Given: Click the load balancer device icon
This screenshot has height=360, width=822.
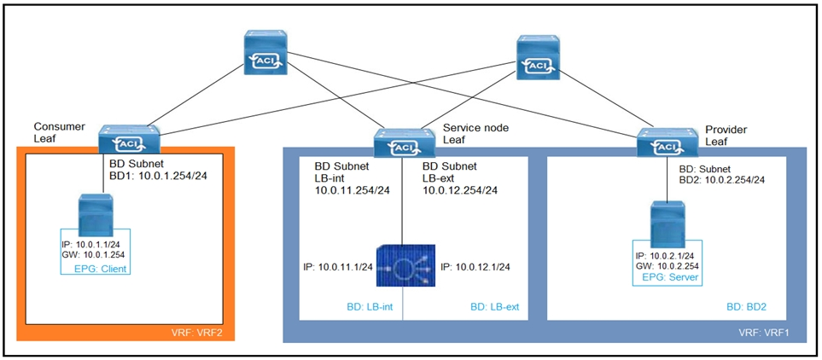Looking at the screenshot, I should pos(403,267).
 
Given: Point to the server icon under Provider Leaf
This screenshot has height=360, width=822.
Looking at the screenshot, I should pos(668,224).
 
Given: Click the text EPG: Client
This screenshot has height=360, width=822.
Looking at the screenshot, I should pos(82,268).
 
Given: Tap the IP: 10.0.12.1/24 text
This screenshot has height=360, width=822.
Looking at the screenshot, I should pos(475,267).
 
